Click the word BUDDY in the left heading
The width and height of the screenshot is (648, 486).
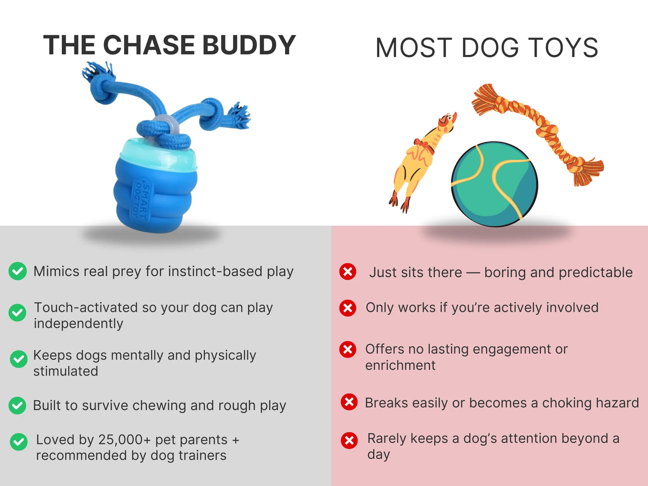249,45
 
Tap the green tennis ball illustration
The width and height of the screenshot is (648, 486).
495,184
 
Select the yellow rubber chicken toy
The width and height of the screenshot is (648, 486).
422,162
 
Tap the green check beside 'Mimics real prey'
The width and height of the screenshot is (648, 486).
17,271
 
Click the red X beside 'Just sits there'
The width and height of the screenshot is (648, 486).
348,271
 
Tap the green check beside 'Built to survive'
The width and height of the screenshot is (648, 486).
17,406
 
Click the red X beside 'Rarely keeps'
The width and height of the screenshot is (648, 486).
349,441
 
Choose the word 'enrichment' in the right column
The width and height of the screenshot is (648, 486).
400,365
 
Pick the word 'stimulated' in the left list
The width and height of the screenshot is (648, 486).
66,371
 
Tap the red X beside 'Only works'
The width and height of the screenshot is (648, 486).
348,308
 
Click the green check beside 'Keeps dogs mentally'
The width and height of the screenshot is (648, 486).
19,359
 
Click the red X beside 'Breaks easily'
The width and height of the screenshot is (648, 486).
349,402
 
